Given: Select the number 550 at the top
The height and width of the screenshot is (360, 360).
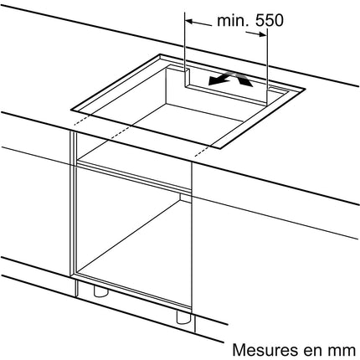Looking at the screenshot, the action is pyautogui.click(x=270, y=20).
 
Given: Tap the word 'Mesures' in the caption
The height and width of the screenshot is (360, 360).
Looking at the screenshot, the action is pyautogui.click(x=265, y=350).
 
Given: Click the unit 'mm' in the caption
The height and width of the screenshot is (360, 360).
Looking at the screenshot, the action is pyautogui.click(x=342, y=352).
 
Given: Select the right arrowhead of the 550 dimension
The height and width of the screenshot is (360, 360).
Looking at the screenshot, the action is pyautogui.click(x=263, y=34).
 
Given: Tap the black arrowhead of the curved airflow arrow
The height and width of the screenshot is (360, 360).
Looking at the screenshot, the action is pyautogui.click(x=214, y=81).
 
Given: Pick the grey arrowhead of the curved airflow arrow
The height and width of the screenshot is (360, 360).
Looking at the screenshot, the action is pyautogui.click(x=247, y=81).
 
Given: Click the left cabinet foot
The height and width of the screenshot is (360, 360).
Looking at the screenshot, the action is pyautogui.click(x=100, y=291).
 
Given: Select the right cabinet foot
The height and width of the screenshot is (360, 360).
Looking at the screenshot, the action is pyautogui.click(x=183, y=317).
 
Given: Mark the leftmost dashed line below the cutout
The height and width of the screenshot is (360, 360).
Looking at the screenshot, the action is pyautogui.click(x=83, y=119).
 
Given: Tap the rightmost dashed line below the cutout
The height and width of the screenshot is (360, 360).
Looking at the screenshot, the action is pyautogui.click(x=202, y=151).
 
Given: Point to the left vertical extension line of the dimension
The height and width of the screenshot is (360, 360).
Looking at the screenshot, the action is pyautogui.click(x=185, y=49).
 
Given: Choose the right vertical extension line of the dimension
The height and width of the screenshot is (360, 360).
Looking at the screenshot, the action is pyautogui.click(x=267, y=66).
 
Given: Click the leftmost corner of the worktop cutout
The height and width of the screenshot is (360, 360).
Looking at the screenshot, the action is pyautogui.click(x=71, y=110).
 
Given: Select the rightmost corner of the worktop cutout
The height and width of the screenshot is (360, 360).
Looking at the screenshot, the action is pyautogui.click(x=306, y=90).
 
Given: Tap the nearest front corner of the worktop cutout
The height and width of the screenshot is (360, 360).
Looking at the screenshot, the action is pyautogui.click(x=221, y=148).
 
